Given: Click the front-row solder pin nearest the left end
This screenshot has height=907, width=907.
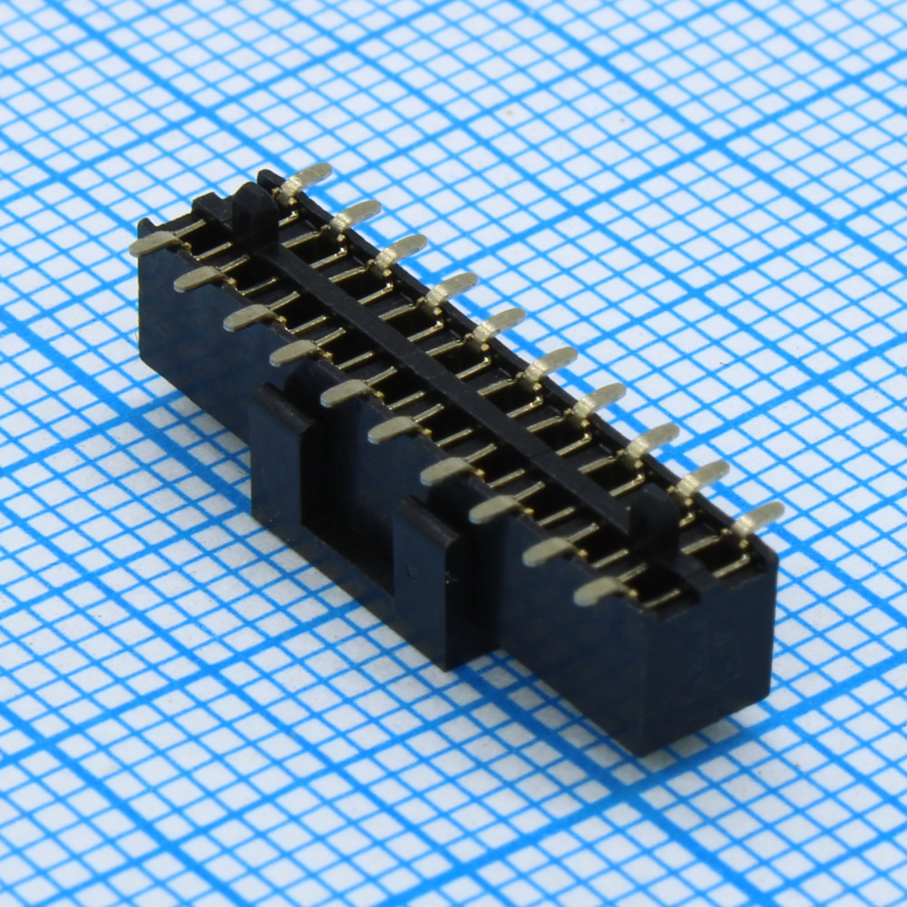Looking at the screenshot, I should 152,242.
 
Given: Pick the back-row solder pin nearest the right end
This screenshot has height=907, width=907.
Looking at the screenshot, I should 757,518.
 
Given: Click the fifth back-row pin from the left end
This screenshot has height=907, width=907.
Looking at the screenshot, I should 498,325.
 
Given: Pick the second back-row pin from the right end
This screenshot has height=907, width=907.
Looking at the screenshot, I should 704,477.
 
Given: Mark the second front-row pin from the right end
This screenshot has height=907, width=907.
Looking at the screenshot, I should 549,551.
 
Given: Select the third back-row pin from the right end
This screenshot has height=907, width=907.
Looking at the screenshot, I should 651,439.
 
